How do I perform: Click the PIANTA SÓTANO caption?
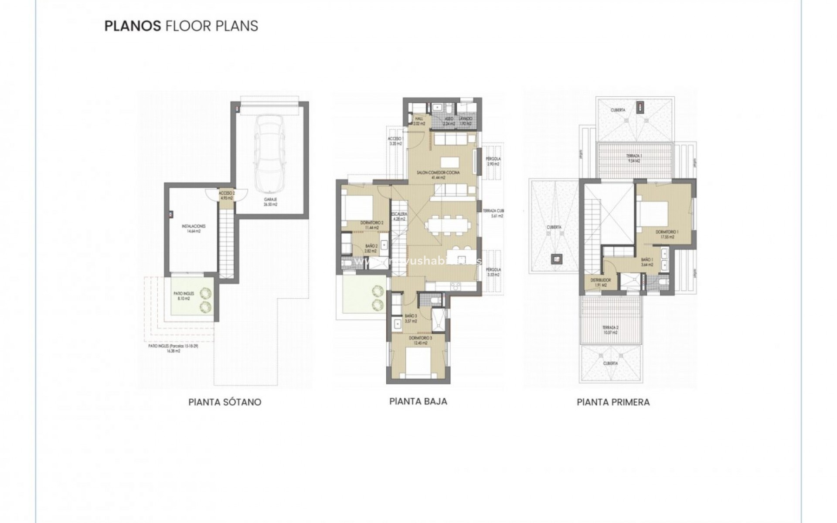point(225,402)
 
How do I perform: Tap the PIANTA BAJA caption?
point(418,401)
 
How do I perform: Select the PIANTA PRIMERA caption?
point(613,402)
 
